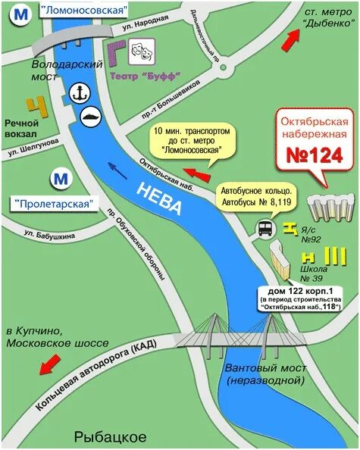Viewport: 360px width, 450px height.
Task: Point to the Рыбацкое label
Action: click(110, 436)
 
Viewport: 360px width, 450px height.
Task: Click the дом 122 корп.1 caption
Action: click(300, 291)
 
